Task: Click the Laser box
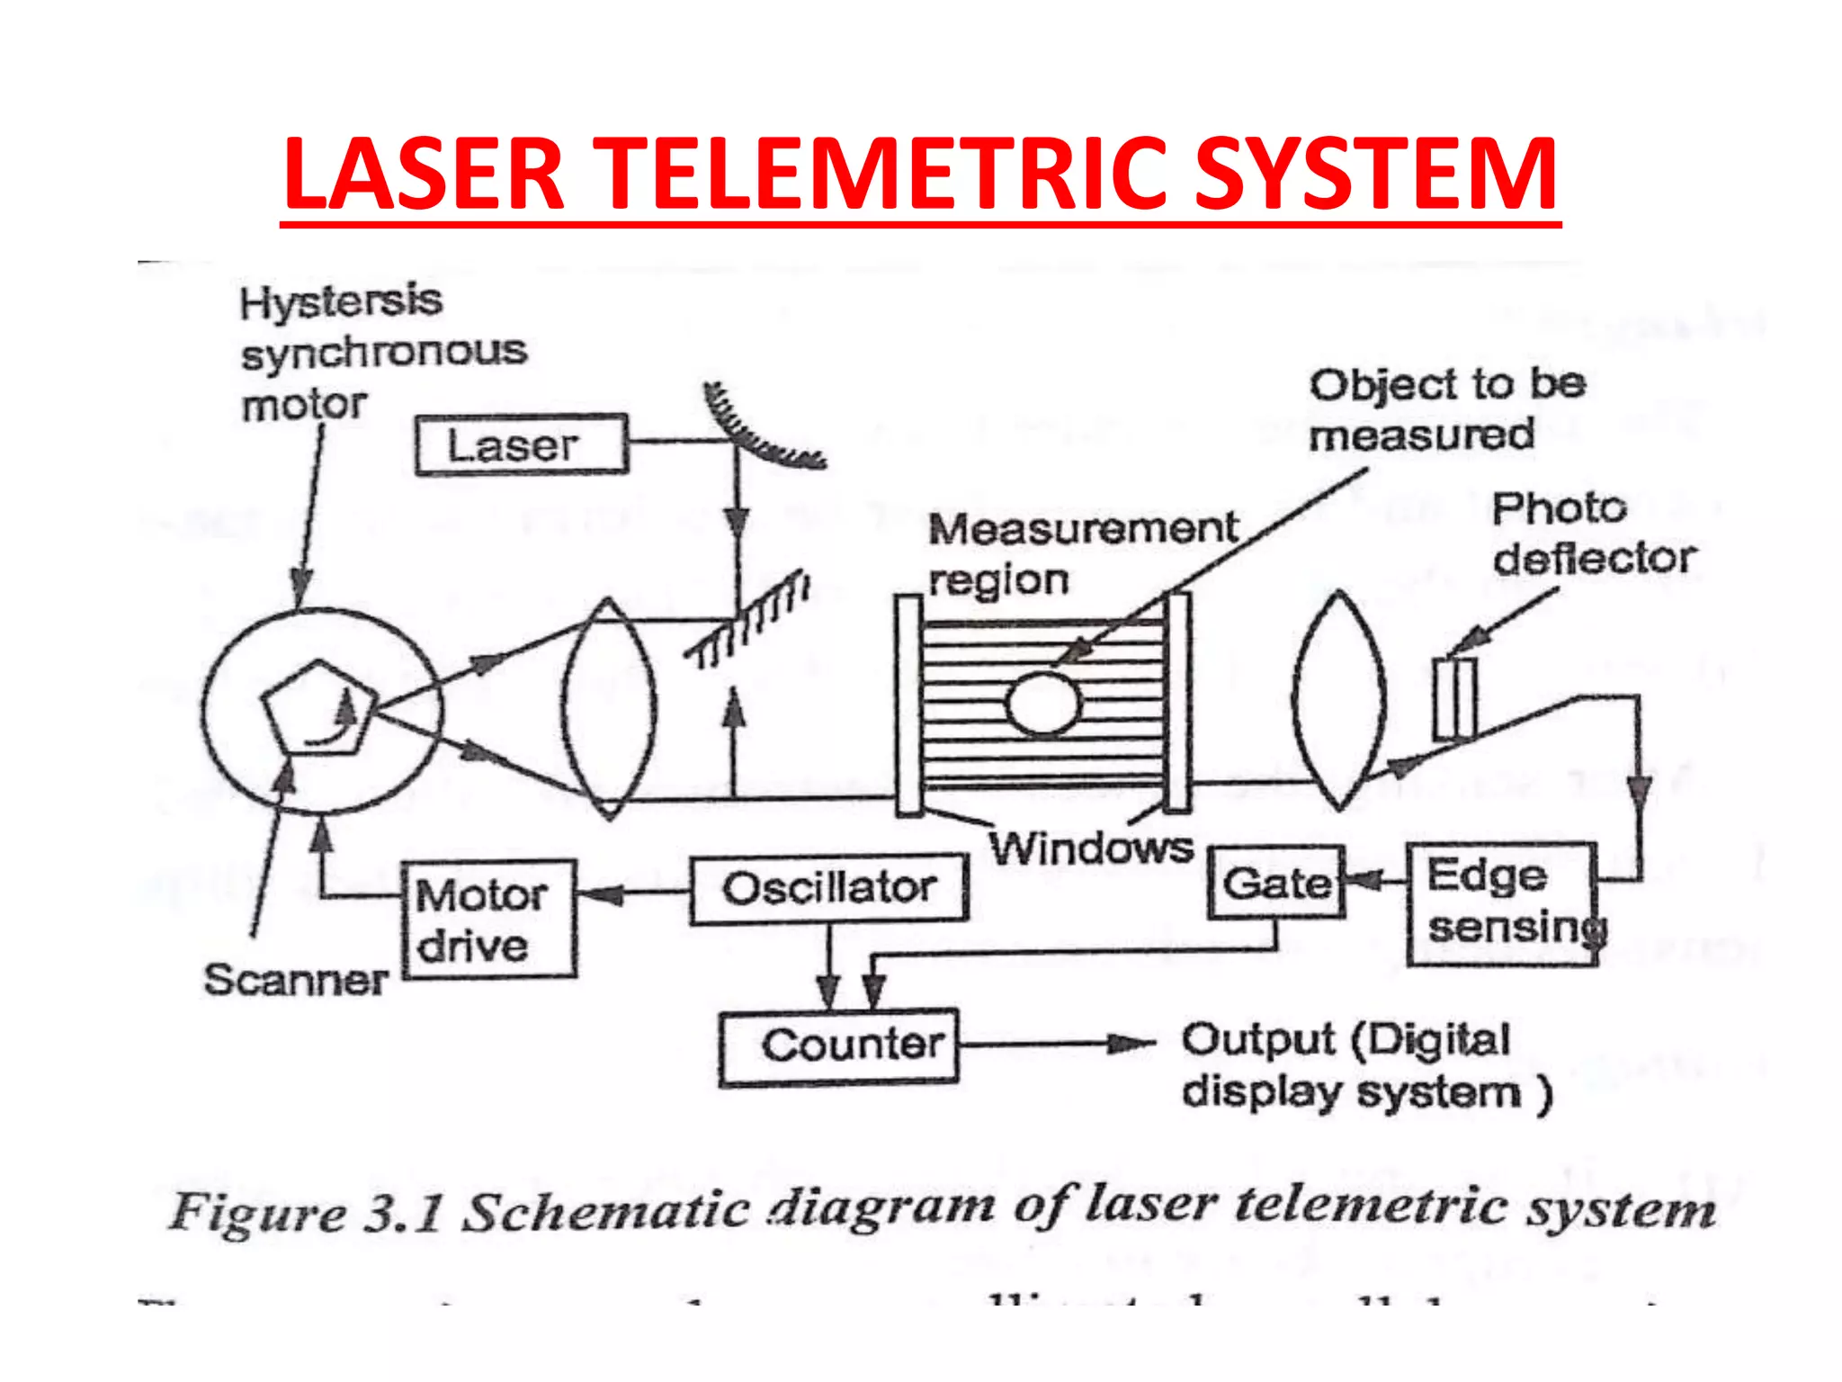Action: click(521, 444)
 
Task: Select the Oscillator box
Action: click(828, 889)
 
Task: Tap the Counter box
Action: click(838, 1046)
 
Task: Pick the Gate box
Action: click(1276, 883)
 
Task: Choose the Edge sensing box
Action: click(1501, 903)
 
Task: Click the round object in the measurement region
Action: click(1043, 704)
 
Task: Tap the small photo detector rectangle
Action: click(1453, 699)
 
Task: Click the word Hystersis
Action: click(341, 301)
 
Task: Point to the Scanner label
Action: click(295, 980)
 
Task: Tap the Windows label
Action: click(1091, 848)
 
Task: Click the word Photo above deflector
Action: click(1559, 508)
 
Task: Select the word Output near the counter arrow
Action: click(1257, 1041)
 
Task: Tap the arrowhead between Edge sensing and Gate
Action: click(1367, 881)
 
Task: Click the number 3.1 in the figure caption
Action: click(403, 1212)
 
